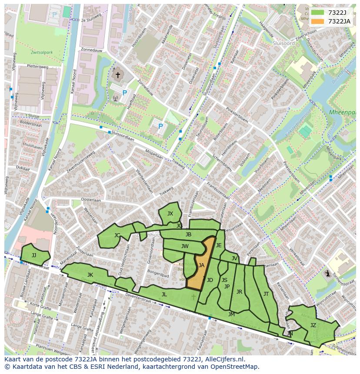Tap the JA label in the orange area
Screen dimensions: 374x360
(201, 265)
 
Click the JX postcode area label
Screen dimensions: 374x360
(170, 213)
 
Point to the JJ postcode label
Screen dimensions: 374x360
(34, 255)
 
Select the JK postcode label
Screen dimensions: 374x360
(90, 275)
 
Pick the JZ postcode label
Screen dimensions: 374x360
(313, 325)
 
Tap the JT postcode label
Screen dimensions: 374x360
(266, 294)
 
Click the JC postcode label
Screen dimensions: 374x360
(117, 235)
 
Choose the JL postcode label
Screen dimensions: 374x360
(164, 294)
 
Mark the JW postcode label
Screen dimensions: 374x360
(185, 246)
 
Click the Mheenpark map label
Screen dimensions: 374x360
(342, 112)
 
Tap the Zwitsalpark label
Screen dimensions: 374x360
(42, 53)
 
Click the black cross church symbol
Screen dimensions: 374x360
(117, 75)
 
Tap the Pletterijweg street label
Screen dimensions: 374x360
(37, 66)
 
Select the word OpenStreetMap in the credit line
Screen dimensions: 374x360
(235, 367)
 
